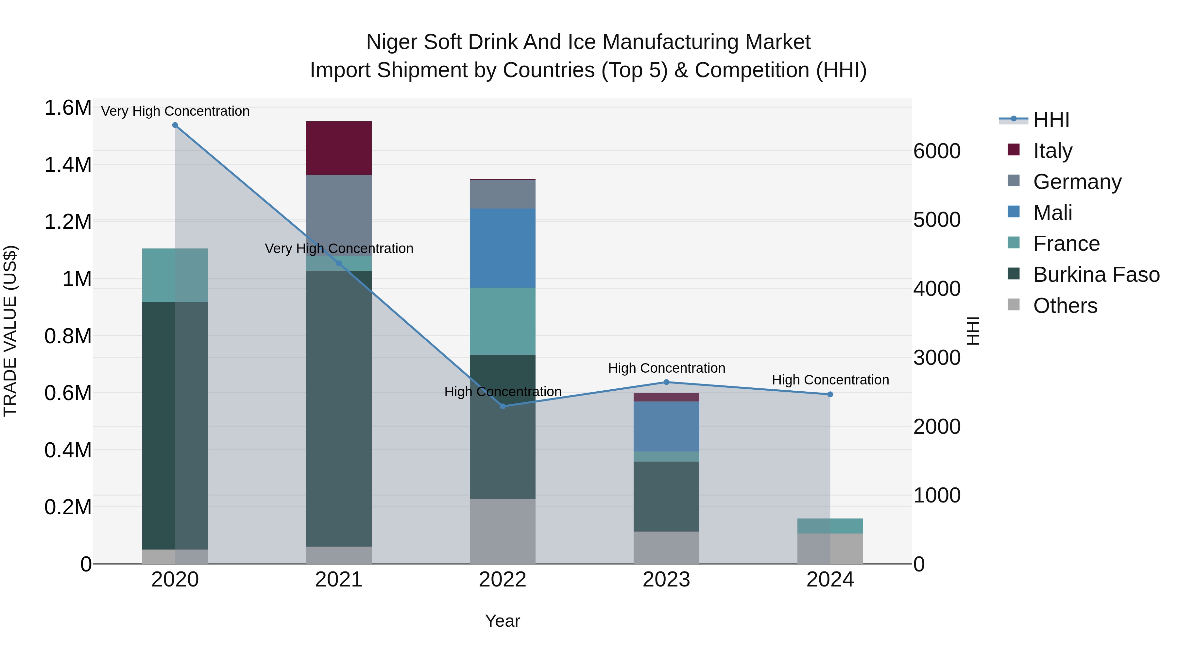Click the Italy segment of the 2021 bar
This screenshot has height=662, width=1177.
tap(339, 148)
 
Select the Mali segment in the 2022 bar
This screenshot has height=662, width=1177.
tap(502, 248)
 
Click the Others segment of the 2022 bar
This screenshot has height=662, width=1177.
tap(502, 531)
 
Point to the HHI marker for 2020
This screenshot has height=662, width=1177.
tap(175, 125)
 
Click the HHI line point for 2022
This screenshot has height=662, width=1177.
tap(503, 406)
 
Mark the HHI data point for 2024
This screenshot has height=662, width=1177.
tap(830, 394)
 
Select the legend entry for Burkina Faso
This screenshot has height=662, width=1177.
tap(1096, 275)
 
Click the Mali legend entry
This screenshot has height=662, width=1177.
tap(1052, 213)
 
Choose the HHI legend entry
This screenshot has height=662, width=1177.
tap(1051, 120)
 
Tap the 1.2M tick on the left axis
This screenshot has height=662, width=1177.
tap(68, 222)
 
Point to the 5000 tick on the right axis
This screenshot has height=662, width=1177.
tap(937, 220)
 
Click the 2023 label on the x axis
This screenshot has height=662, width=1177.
tap(666, 580)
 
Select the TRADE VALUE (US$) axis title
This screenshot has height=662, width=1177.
tap(10, 331)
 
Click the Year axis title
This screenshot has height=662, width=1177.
tap(502, 621)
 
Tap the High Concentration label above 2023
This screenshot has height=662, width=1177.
tap(666, 368)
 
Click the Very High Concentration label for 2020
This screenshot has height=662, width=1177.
tap(175, 111)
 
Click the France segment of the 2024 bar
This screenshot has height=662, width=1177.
tap(830, 526)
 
